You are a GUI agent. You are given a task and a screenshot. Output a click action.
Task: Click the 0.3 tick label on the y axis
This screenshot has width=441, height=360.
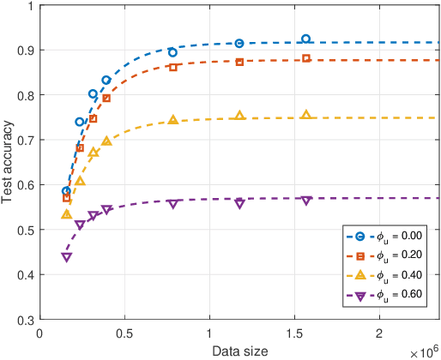pos(27,320)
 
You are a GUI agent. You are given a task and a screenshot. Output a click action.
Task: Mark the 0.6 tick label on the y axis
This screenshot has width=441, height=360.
pos(27,185)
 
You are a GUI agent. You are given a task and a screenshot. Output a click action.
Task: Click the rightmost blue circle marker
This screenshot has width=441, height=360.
pos(306,39)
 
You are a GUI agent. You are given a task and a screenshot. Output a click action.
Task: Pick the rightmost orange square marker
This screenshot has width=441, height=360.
pos(306,58)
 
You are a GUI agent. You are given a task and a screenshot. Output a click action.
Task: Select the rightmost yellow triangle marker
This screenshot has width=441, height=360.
pos(306,115)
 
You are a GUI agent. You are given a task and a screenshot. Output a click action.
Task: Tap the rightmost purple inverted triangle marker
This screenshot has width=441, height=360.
pos(306,200)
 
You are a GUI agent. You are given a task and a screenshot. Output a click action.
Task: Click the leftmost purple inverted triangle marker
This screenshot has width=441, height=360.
pos(66,257)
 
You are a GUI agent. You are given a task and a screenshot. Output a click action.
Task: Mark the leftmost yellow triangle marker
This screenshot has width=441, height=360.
pos(66,213)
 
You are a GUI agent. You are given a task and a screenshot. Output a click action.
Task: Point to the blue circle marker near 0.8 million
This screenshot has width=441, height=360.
pos(173,52)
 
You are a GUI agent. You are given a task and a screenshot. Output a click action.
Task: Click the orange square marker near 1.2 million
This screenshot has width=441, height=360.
pos(239,62)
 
